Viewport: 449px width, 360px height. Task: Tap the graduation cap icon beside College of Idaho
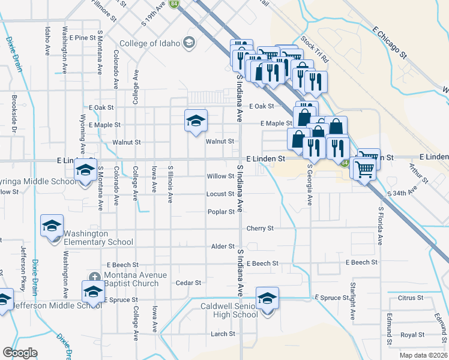point(189,41)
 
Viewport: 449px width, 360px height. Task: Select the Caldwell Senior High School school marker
point(267,298)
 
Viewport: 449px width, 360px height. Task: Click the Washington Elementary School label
point(98,238)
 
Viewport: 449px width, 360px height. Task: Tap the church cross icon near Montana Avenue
point(94,277)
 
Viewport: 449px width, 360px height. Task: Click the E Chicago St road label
point(389,42)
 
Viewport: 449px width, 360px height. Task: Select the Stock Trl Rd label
point(316,50)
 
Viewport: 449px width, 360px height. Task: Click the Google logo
point(20,353)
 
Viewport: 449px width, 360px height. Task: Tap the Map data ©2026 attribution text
point(423,355)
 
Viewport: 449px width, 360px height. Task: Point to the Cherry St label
point(260,229)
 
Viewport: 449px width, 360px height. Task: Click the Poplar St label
point(220,212)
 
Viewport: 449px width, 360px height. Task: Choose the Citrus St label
point(411,298)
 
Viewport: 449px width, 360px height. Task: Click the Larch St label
point(223,334)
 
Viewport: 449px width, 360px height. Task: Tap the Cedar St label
point(188,283)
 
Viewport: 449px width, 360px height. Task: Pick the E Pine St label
point(82,37)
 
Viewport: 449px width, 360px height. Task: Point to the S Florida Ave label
point(380,226)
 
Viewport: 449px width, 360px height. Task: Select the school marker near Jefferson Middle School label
point(5,301)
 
